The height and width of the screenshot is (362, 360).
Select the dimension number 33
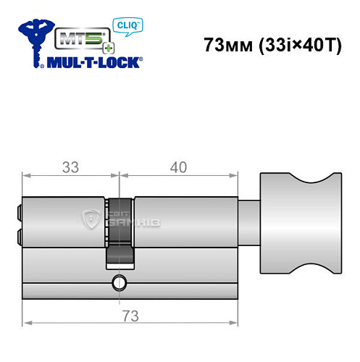70,167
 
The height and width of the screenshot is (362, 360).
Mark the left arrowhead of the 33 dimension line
26,176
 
